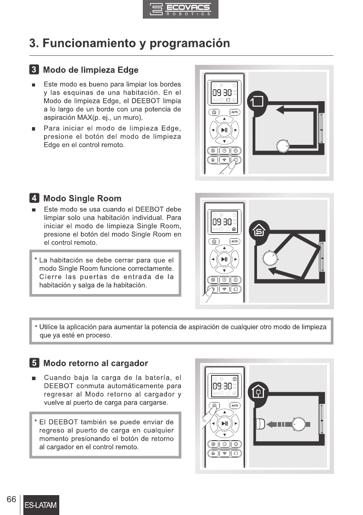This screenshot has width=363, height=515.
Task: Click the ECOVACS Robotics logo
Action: [x=180, y=10]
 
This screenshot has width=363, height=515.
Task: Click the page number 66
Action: [x=12, y=499]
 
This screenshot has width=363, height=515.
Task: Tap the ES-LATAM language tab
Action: [x=41, y=505]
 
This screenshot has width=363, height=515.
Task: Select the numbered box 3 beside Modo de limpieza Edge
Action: [x=34, y=70]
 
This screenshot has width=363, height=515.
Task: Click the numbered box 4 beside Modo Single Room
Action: [x=34, y=198]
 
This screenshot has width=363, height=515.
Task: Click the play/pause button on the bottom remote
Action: [x=224, y=423]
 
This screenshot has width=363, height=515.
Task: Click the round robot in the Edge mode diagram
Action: [x=283, y=146]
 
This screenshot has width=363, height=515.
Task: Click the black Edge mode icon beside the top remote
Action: [x=258, y=102]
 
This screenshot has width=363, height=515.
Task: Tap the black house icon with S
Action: [x=258, y=230]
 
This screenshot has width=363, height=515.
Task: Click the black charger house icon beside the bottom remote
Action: [x=258, y=392]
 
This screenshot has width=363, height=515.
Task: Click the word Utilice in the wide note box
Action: [x=50, y=327]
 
